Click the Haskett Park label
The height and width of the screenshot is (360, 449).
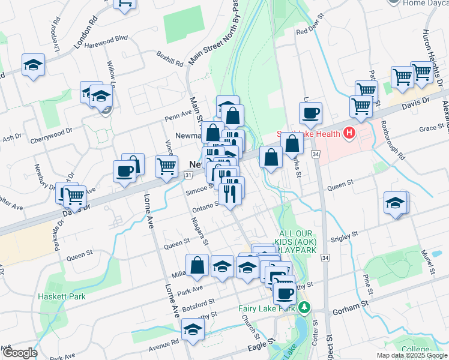coord(61,296)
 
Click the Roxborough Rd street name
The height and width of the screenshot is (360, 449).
coord(394,142)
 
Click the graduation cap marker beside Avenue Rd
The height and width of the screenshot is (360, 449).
coord(193,330)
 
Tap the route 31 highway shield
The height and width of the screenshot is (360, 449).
coord(188,175)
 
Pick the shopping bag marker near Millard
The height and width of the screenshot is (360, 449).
coord(197,265)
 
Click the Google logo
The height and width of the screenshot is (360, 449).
coord(20,353)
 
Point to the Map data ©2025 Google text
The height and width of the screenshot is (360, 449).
coord(412,355)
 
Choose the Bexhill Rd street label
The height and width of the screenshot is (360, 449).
coord(169,62)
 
